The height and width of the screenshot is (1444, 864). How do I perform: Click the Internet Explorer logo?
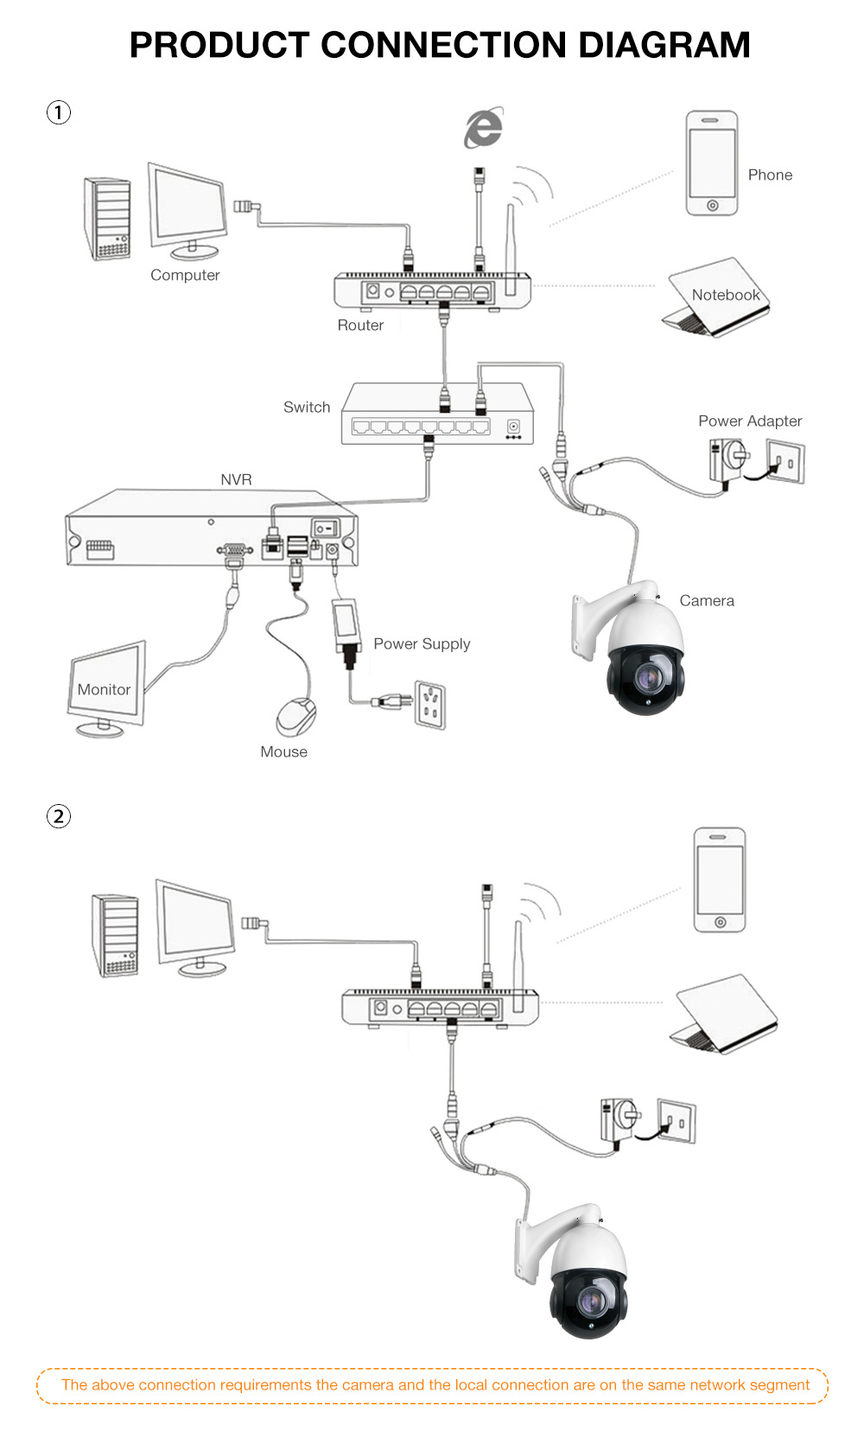click(483, 129)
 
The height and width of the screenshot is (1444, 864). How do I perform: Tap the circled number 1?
click(58, 112)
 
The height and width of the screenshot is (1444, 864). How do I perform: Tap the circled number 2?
click(58, 816)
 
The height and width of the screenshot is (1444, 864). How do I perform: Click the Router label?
click(360, 326)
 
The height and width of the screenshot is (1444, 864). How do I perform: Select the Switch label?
click(307, 408)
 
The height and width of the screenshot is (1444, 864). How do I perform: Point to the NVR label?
click(236, 480)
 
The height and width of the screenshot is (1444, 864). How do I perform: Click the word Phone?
click(770, 175)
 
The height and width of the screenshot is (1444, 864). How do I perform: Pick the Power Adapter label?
click(750, 421)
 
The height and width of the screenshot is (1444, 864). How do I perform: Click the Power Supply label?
click(422, 644)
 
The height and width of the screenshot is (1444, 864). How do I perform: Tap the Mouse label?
click(283, 752)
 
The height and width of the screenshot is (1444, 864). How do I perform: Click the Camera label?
click(707, 601)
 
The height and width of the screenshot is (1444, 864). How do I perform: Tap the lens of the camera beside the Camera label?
click(646, 678)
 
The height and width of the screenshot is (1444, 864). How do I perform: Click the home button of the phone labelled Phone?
click(712, 206)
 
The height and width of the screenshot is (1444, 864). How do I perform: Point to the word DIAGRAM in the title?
click(664, 45)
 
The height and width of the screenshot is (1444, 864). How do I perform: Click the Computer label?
click(185, 275)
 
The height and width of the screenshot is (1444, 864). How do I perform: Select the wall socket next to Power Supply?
click(430, 703)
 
